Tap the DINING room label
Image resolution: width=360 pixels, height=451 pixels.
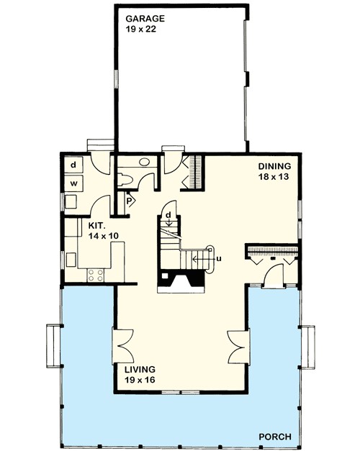point(274,165)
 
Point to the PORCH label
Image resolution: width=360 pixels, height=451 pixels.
point(276,437)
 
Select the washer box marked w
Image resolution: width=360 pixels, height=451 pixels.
point(74,183)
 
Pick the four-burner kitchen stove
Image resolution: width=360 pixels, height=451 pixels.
point(95,273)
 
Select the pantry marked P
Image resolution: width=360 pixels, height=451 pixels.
point(130,201)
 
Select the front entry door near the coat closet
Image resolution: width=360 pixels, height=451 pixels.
point(273,277)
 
